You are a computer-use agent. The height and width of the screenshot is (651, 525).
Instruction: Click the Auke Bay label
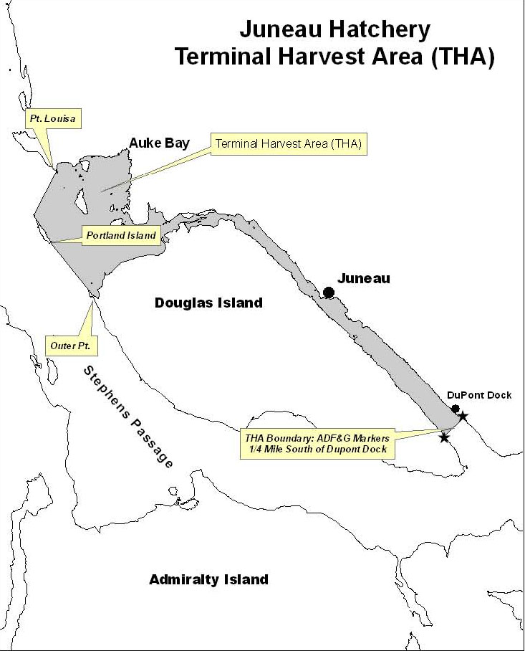[x=159, y=143]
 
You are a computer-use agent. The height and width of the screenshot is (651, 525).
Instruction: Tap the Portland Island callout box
[x=120, y=236]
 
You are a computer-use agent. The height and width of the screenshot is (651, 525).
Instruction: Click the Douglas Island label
[x=208, y=303]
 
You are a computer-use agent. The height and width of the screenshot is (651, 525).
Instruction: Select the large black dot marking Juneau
[x=329, y=292]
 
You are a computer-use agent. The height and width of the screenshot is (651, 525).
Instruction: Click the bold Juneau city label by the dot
[x=364, y=278]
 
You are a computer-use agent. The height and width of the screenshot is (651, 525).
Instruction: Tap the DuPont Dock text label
[x=479, y=395]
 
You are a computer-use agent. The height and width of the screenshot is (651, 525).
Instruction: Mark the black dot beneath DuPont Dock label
[x=455, y=409]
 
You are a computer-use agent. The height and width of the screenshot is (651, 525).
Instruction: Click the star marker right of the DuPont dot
[x=463, y=416]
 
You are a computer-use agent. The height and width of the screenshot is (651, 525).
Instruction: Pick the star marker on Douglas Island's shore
[x=444, y=437]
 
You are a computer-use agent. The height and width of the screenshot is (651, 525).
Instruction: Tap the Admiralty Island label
[x=208, y=579]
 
